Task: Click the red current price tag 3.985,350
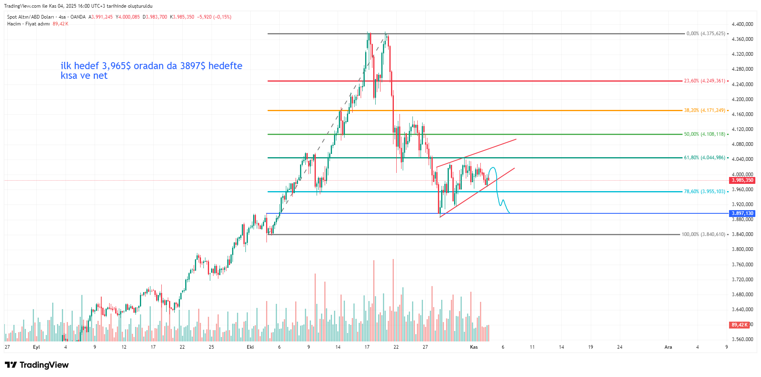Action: pyautogui.click(x=742, y=180)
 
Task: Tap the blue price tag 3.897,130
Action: pyautogui.click(x=742, y=213)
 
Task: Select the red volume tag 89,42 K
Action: pyautogui.click(x=739, y=325)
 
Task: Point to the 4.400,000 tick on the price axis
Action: pyautogui.click(x=742, y=24)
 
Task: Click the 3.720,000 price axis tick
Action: pyautogui.click(x=742, y=280)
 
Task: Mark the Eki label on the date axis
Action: pyautogui.click(x=250, y=347)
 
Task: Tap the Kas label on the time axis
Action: pyautogui.click(x=474, y=347)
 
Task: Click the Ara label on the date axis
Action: pyautogui.click(x=668, y=347)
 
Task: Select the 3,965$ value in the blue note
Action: pyautogui.click(x=116, y=66)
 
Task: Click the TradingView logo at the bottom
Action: pyautogui.click(x=37, y=365)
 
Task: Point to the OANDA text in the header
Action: pyautogui.click(x=78, y=17)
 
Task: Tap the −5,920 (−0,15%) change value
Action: pyautogui.click(x=214, y=17)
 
